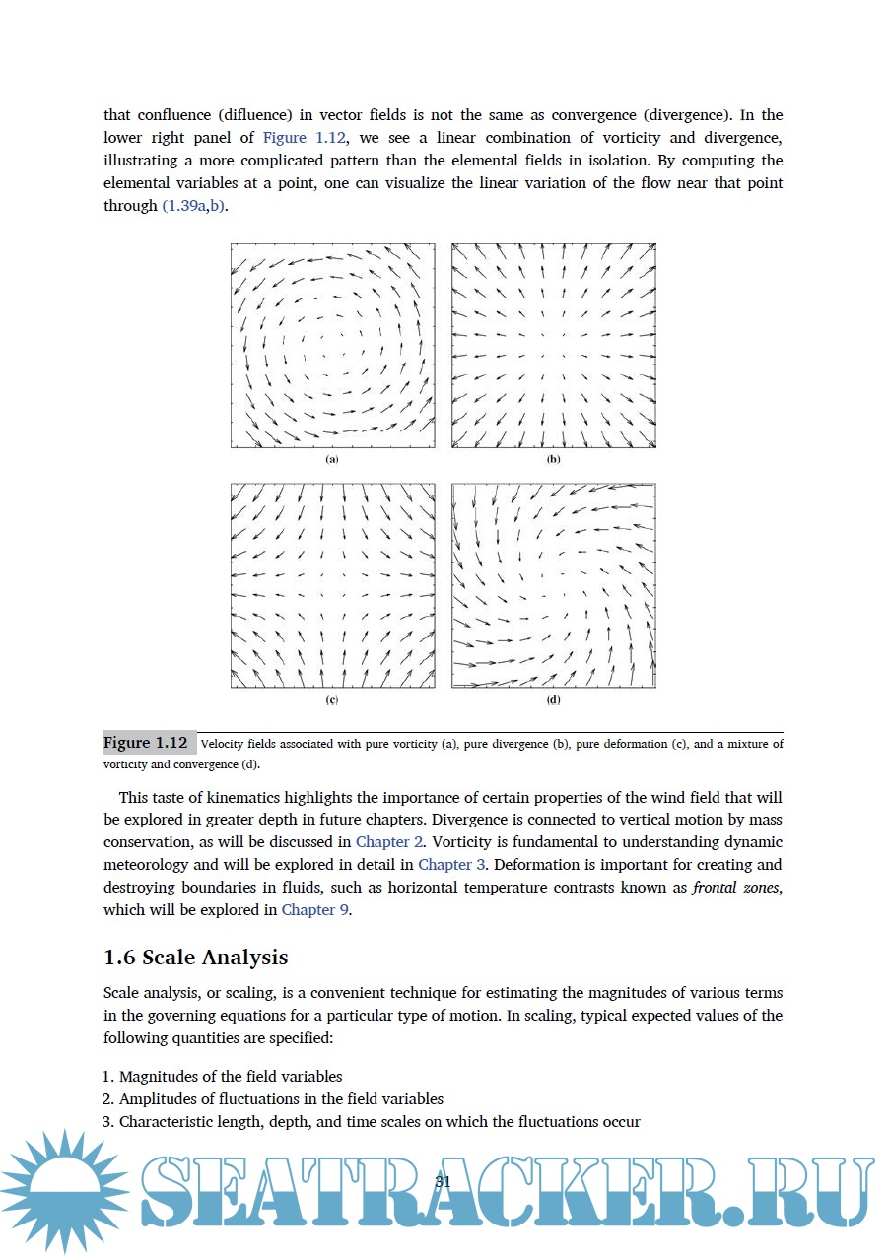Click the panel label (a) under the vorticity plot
(x=332, y=460)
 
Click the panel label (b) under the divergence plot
(x=553, y=460)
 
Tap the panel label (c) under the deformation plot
(x=332, y=700)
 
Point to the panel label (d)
(x=553, y=700)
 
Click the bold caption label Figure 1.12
(x=145, y=743)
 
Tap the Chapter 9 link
(x=315, y=910)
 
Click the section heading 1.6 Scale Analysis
(x=195, y=958)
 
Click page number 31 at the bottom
(x=443, y=1181)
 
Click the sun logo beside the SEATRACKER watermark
(x=63, y=1190)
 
